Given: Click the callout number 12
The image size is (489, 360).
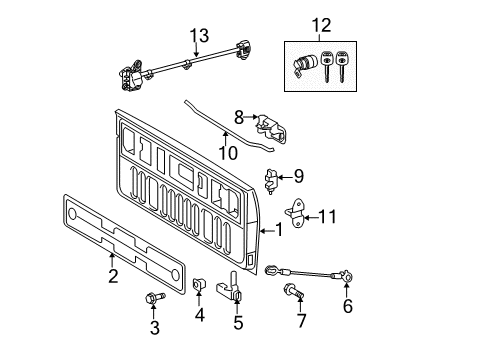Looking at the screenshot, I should click(x=319, y=23).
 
